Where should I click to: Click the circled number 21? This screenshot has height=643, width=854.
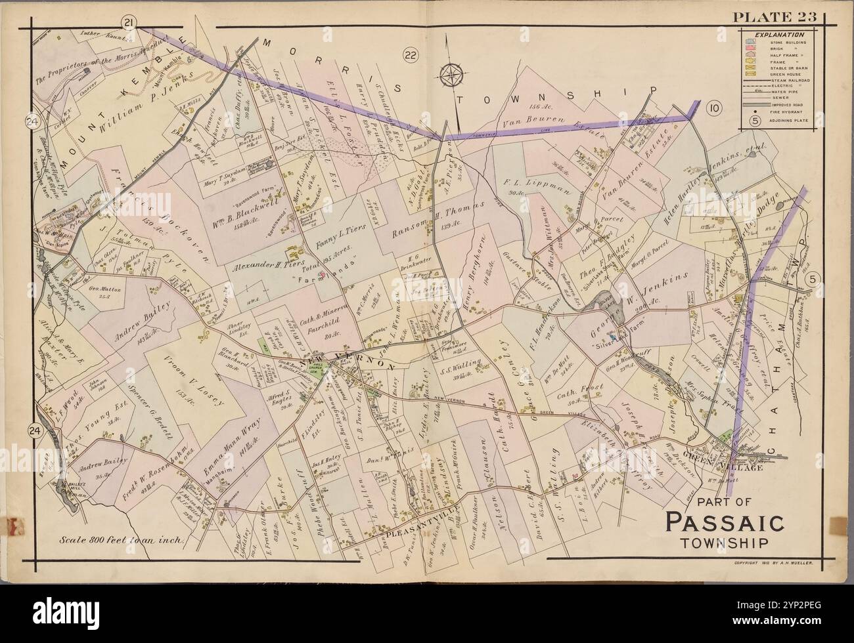point(130,25)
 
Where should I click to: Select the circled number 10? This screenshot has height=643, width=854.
point(715,106)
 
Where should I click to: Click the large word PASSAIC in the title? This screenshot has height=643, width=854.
point(723,524)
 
